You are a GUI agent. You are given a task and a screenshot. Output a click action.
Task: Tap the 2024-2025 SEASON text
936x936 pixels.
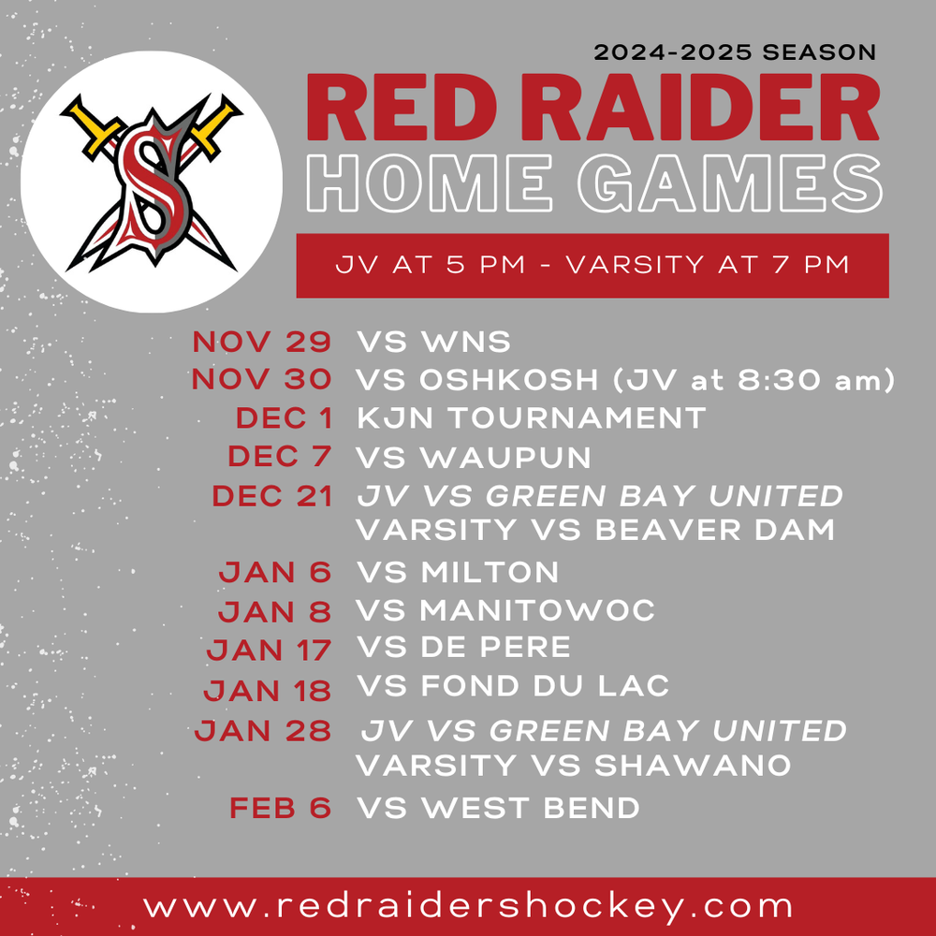click(x=735, y=52)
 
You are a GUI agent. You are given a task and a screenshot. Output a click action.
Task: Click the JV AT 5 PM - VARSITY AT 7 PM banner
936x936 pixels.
click(x=592, y=265)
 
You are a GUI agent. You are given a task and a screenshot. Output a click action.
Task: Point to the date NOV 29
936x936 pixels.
click(x=262, y=342)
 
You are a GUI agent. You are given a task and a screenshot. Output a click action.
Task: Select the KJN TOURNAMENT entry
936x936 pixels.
click(x=531, y=418)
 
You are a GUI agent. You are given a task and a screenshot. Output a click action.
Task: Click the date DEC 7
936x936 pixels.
click(x=279, y=457)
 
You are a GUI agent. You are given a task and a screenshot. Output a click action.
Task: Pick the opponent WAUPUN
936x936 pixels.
click(x=505, y=457)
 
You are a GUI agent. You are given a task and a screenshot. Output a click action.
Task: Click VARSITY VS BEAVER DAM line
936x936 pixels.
click(x=595, y=530)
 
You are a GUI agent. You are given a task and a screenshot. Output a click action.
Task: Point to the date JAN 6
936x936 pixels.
click(x=274, y=572)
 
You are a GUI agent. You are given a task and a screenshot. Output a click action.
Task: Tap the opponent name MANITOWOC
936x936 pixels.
click(x=537, y=610)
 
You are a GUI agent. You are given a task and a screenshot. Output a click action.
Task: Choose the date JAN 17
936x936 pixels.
click(x=269, y=649)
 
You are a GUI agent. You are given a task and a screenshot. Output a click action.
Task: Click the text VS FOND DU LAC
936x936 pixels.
click(x=513, y=686)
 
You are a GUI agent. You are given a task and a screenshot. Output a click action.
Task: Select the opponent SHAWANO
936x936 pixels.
click(x=693, y=766)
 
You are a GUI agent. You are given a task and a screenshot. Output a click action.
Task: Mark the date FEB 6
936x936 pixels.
click(x=280, y=808)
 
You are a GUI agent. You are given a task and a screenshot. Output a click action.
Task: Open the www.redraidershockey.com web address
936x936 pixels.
click(x=468, y=906)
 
